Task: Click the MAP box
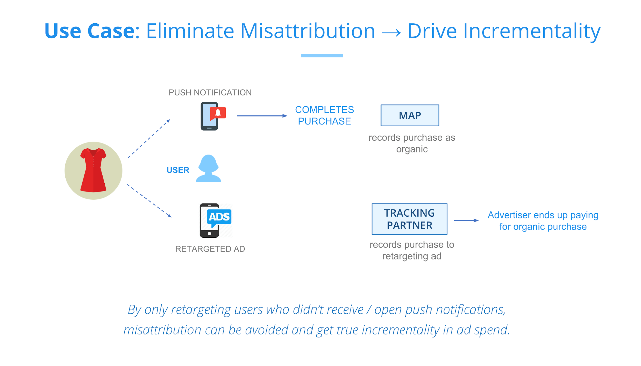point(410,115)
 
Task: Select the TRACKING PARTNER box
point(409,219)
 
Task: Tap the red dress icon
point(93,170)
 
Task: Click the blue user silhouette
point(208,168)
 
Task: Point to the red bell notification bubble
point(218,113)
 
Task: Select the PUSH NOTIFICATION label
point(210,92)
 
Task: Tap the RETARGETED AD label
point(210,249)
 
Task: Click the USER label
point(178,170)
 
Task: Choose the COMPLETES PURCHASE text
point(324,115)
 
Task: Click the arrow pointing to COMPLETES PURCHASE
point(262,116)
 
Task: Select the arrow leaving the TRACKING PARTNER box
point(466,220)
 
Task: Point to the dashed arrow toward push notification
point(149,139)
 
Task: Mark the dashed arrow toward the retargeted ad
point(149,201)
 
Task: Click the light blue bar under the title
point(322,55)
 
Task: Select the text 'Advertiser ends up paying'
point(543,215)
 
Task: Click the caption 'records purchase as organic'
point(412,143)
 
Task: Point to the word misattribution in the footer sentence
point(162,330)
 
